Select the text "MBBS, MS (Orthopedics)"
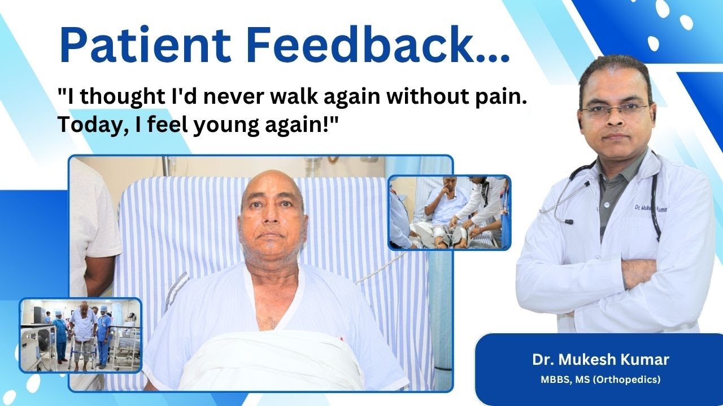[600, 379]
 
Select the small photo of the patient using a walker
[80, 335]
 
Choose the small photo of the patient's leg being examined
[449, 212]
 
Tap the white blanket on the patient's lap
[271, 361]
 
